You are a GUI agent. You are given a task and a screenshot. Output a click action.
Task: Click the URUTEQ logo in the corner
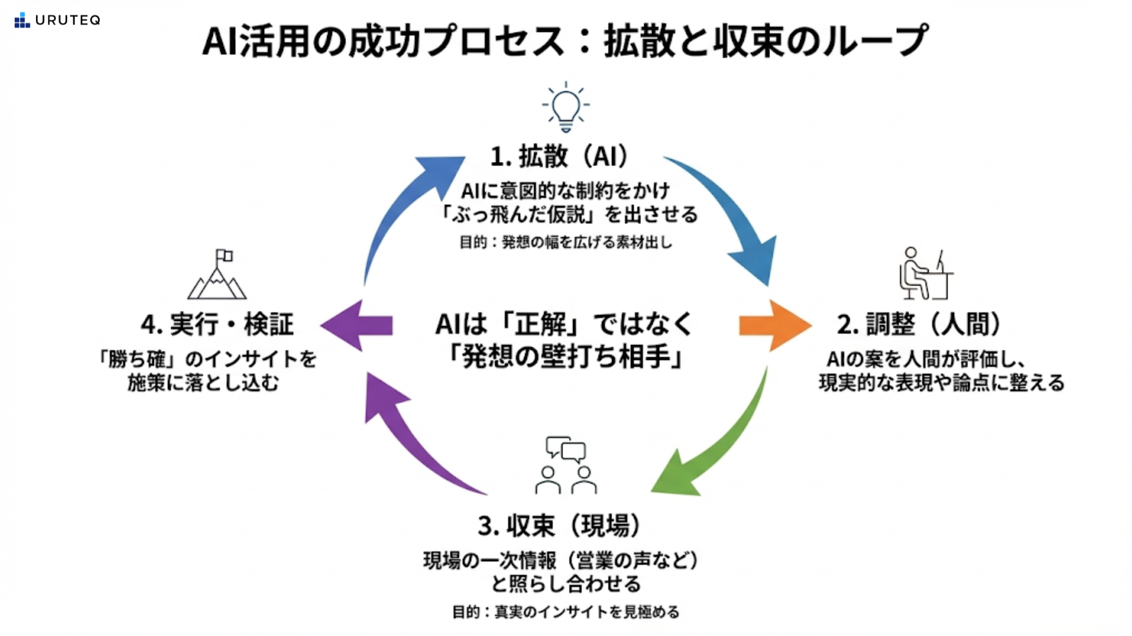tap(57, 20)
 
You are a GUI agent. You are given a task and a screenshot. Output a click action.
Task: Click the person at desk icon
tap(924, 273)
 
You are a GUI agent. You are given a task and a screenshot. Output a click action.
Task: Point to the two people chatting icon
tap(565, 465)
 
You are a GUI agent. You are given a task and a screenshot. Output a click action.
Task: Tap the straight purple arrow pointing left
tap(357, 325)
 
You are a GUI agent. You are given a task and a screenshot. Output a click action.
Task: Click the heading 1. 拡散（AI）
tap(560, 157)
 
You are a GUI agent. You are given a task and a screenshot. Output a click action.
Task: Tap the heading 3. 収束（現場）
tap(560, 525)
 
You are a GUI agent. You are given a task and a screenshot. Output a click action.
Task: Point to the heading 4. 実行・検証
tap(217, 324)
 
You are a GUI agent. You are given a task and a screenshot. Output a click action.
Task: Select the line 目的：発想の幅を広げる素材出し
tap(565, 242)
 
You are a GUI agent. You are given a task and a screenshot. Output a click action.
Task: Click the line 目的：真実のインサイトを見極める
tap(565, 612)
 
